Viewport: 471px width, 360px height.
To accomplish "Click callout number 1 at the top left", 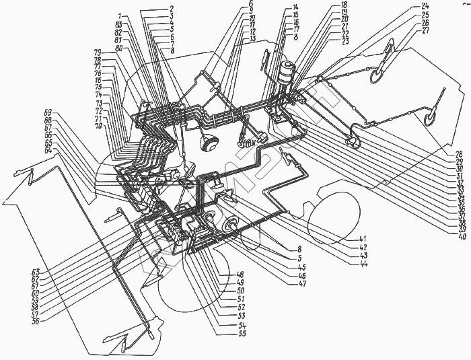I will pyautogui.click(x=120, y=15).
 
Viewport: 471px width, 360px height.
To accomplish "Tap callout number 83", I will pyautogui.click(x=118, y=25).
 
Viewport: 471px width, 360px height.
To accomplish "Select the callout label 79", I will pyautogui.click(x=98, y=52).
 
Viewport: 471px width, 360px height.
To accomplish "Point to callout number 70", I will pyautogui.click(x=98, y=126).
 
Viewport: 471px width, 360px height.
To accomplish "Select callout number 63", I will pyautogui.click(x=34, y=272).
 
